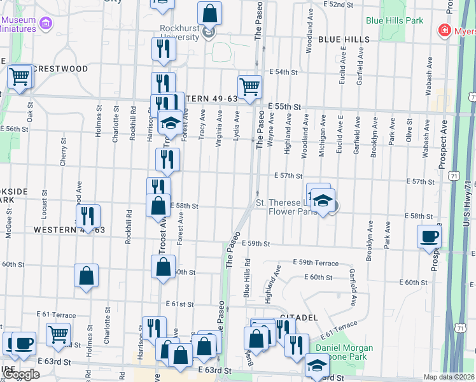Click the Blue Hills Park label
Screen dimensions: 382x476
pos(395,20)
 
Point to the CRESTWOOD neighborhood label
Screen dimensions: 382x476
pos(60,69)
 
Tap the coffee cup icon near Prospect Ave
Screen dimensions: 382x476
pos(428,236)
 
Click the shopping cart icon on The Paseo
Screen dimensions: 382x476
pos(249,86)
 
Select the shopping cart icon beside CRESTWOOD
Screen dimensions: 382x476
pos(20,76)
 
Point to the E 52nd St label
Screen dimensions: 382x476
pos(338,4)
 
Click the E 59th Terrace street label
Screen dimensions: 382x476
pos(316,262)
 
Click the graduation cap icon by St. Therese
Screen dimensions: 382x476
pos(323,200)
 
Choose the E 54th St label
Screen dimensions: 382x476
pos(283,73)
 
